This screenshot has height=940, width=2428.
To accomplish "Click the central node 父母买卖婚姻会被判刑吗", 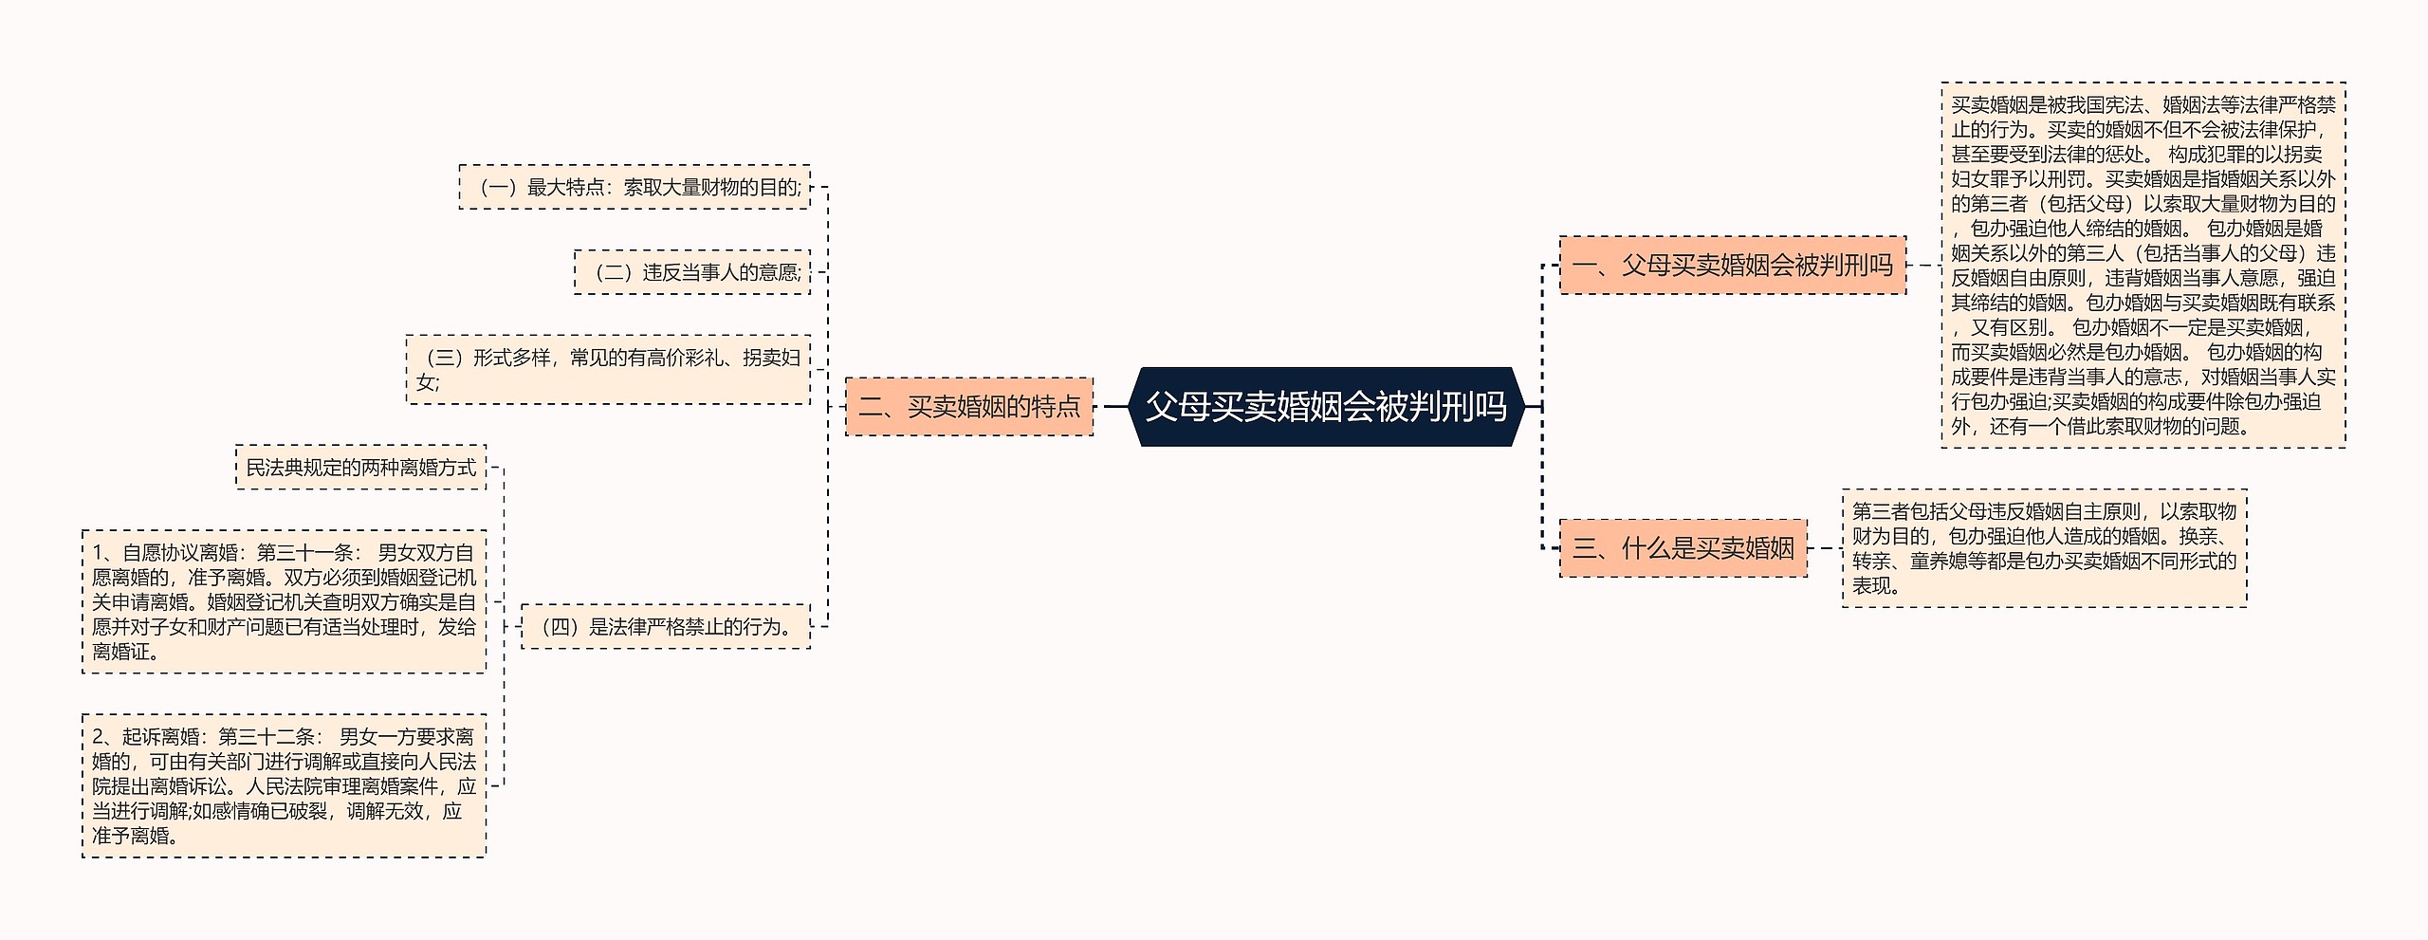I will coord(1326,407).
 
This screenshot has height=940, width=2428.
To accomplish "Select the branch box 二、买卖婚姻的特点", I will coord(968,407).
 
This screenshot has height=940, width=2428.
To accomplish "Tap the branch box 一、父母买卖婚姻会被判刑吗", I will coord(1732,266).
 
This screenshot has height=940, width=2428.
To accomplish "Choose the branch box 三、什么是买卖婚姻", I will coord(1683,548).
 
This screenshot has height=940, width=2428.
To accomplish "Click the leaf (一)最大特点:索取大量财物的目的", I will coord(635,187).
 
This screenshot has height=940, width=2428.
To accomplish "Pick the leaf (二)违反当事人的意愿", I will coord(692,272).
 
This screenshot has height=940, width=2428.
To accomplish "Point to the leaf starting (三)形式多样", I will coord(608,370).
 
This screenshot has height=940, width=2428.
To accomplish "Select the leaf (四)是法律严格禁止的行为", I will coord(666,627).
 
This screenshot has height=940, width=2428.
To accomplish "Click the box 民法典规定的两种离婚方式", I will coord(360,468).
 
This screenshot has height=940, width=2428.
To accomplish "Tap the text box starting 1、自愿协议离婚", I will coord(284,601).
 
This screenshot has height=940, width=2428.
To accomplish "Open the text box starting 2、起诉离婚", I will coord(284,785).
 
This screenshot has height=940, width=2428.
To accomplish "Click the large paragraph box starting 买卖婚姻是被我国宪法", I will coord(2143,265).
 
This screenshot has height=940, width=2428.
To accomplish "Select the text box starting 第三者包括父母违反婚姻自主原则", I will coord(2044,548).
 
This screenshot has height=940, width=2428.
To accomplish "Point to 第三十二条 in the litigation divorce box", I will coord(266,737).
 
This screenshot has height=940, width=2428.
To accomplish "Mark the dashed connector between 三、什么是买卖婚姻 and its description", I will coord(1824,548).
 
